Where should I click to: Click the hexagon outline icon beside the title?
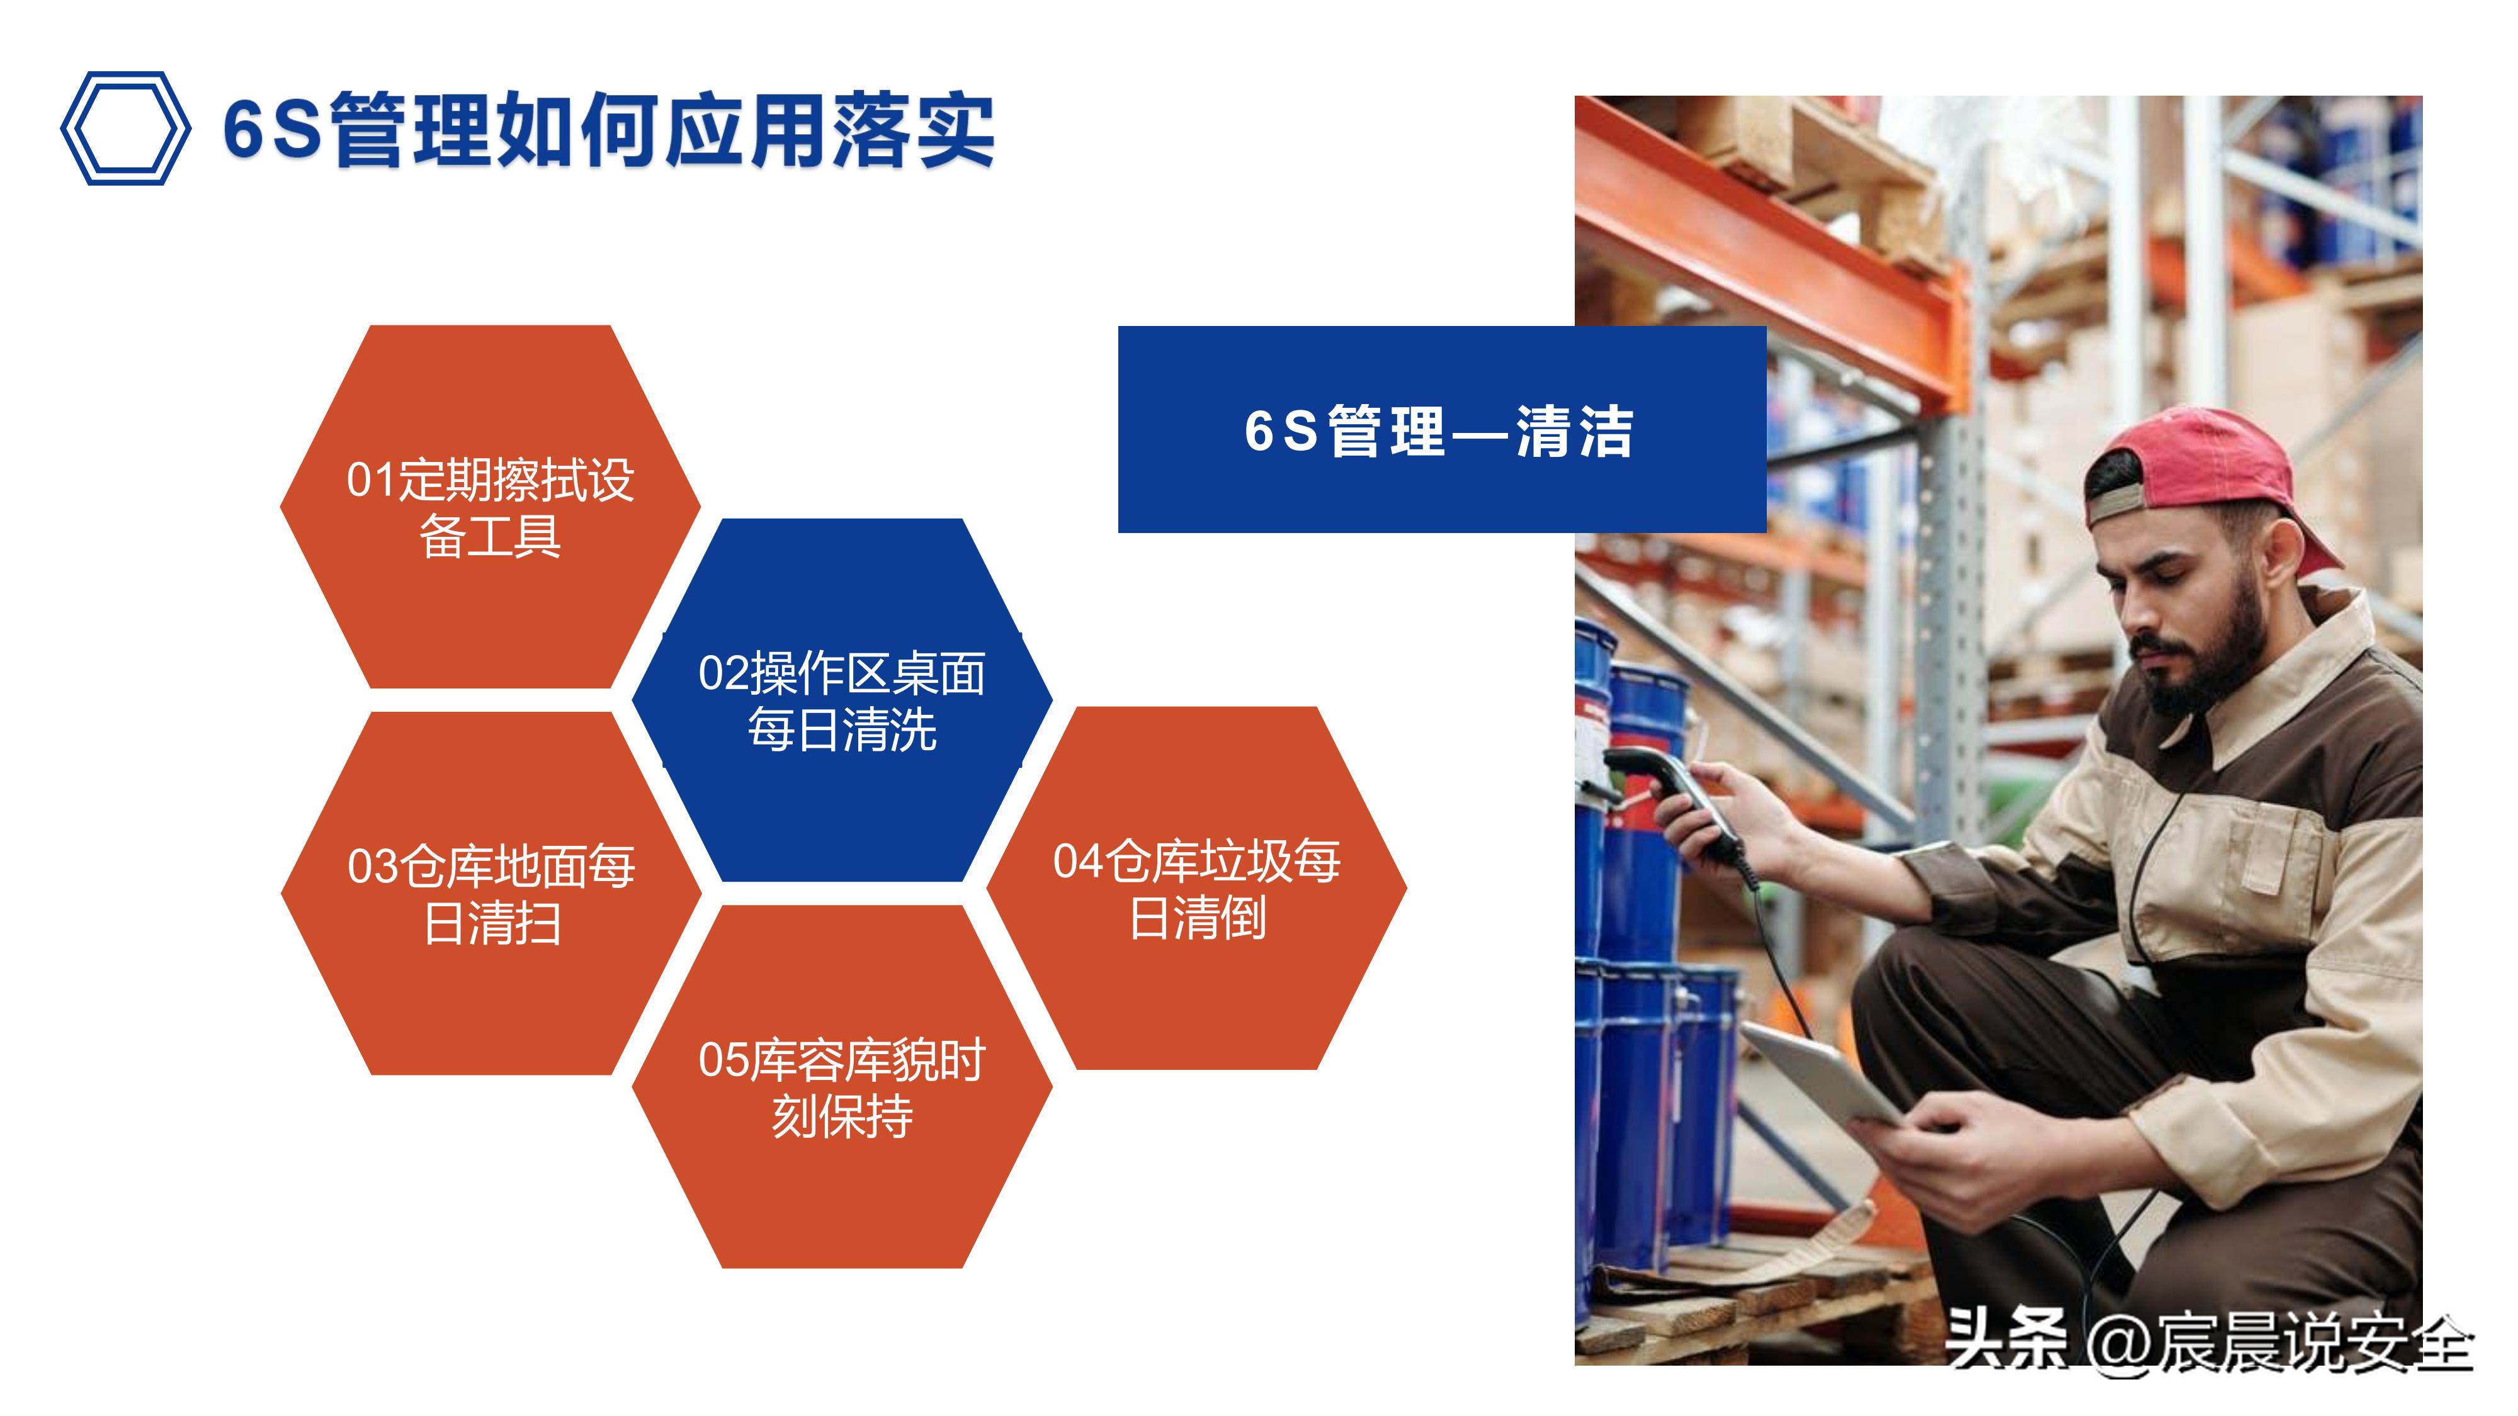pyautogui.click(x=125, y=128)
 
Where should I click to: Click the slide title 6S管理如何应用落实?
pyautogui.click(x=608, y=131)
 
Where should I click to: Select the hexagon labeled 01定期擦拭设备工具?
pyautogui.click(x=490, y=507)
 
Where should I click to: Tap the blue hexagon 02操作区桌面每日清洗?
pyautogui.click(x=842, y=700)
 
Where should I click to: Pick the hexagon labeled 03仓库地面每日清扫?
pyautogui.click(x=491, y=893)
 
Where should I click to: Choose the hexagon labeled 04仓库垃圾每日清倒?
pyautogui.click(x=1196, y=888)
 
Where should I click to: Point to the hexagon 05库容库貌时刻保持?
pyautogui.click(x=842, y=1087)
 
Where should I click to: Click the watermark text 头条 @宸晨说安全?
pyautogui.click(x=2209, y=1340)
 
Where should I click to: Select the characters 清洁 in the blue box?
pyautogui.click(x=1575, y=431)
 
